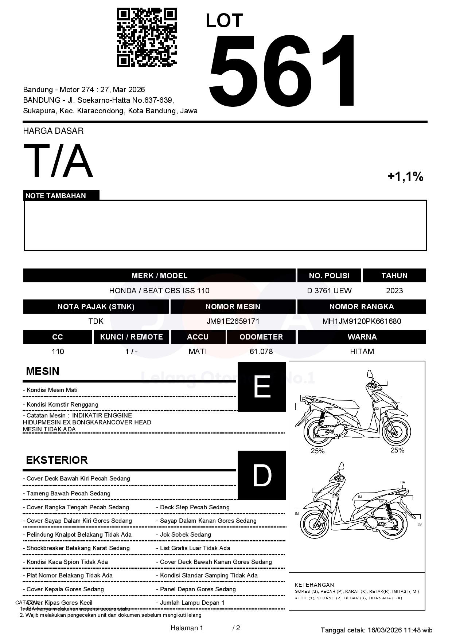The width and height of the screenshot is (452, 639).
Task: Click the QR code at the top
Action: coord(147,38)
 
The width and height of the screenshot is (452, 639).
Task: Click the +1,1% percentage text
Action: coord(405,177)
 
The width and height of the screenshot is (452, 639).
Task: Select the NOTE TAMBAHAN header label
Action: coord(56,196)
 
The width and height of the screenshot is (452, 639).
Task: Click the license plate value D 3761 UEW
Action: coord(329,291)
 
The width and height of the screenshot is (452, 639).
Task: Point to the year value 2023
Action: coord(394,291)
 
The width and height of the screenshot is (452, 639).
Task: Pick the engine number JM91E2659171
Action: coord(233,321)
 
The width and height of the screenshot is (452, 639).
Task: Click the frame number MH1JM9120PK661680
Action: coord(362,321)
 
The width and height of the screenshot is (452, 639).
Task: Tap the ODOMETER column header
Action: coord(261,337)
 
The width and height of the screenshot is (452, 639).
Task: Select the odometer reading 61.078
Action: coord(261,352)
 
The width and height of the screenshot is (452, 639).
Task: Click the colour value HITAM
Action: coord(362,352)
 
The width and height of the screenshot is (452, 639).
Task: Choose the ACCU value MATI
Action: coord(198,352)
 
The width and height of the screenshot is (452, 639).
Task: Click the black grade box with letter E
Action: coord(262,387)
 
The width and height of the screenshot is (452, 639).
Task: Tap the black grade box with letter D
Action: coord(262,475)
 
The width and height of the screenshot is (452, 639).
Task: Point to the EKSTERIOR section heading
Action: coord(57,460)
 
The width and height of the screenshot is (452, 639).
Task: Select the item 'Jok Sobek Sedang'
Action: coord(185,534)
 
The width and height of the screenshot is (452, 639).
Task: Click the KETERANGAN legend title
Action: coord(314,585)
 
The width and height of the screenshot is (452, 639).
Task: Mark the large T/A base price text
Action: coord(58,161)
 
